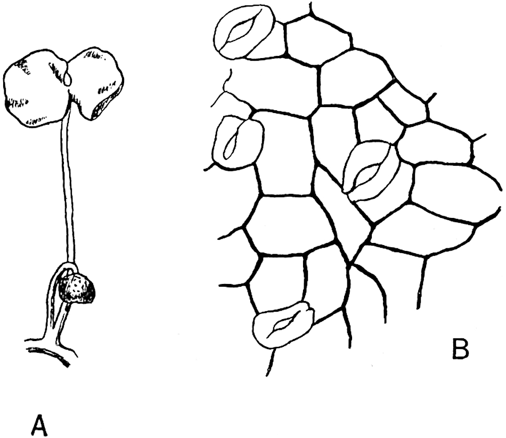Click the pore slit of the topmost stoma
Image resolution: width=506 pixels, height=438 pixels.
click(x=242, y=32)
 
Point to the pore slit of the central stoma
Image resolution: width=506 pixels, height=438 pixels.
click(x=366, y=172)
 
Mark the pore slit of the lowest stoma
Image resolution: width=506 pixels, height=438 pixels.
click(x=281, y=326)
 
